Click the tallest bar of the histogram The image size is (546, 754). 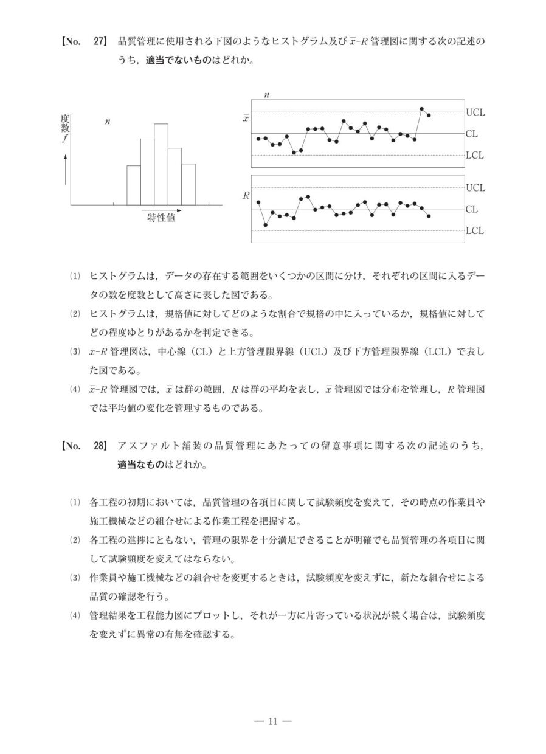pos(161,164)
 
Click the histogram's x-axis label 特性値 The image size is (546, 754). pos(162,218)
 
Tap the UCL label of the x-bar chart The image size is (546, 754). pos(475,112)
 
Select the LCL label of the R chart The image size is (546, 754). pos(475,231)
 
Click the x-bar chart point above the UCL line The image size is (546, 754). pos(421,109)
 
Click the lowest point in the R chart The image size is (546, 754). pos(266,225)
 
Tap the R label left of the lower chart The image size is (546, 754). pos(246,196)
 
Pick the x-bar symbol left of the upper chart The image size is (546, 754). pos(246,118)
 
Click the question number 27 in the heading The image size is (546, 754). pos(99,42)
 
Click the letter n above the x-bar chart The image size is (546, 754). pos(267,95)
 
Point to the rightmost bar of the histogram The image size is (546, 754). pos(188,184)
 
